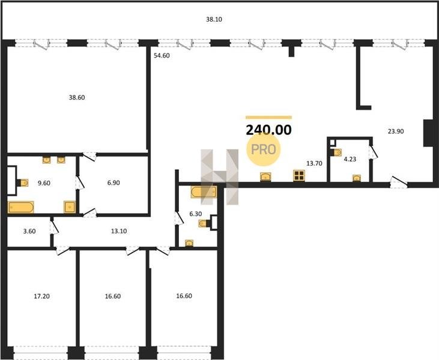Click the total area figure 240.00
(269, 130)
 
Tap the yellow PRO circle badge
(264, 149)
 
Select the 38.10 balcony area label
(214, 20)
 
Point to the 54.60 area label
(162, 56)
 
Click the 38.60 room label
(77, 98)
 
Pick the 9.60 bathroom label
(44, 183)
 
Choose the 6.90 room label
(114, 183)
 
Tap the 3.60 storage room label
(29, 232)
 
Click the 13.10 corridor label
(119, 232)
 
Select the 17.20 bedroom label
(41, 296)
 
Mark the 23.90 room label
(396, 131)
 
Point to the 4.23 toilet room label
(350, 159)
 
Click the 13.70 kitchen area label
(315, 163)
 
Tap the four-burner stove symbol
(299, 176)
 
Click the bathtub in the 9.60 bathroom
(20, 207)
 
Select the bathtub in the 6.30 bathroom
(204, 192)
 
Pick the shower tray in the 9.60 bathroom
(70, 207)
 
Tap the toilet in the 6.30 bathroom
(204, 223)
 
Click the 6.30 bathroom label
(195, 214)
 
